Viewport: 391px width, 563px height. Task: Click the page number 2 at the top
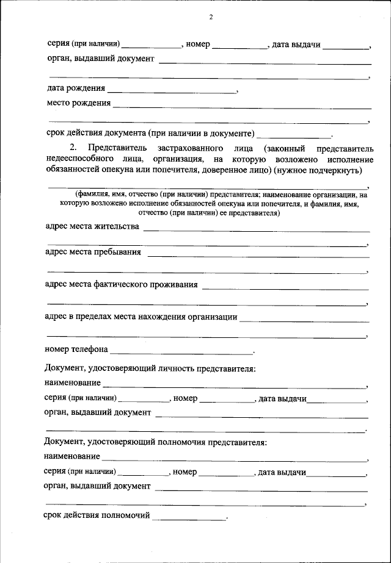click(210, 17)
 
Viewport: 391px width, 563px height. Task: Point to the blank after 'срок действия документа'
click(293, 134)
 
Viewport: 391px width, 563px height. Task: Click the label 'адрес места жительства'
click(93, 226)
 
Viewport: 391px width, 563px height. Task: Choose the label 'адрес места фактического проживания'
click(122, 284)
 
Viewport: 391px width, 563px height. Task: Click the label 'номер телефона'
click(76, 350)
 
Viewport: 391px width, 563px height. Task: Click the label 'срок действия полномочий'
click(97, 516)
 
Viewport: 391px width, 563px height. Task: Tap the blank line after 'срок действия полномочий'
click(189, 518)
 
